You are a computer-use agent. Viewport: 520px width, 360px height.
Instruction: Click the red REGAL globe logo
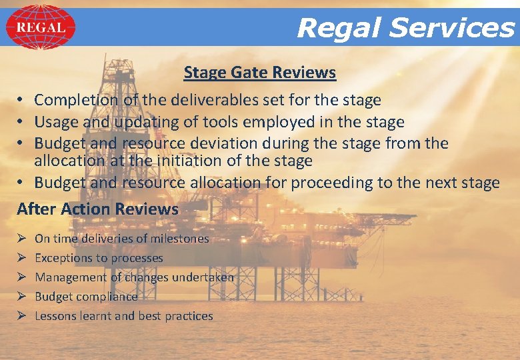tap(40, 27)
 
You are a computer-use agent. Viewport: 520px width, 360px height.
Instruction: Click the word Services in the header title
tap(452, 28)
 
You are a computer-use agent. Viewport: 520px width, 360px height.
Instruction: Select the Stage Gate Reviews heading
tap(260, 72)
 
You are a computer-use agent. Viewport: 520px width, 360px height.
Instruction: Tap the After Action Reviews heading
tap(98, 209)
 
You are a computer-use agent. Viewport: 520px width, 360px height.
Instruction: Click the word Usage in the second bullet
tap(55, 122)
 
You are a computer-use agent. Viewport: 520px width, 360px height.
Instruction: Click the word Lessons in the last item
tap(55, 316)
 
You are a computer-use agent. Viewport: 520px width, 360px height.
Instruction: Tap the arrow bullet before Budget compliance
tap(21, 297)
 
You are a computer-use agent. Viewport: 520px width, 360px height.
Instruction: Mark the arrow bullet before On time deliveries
tap(21, 239)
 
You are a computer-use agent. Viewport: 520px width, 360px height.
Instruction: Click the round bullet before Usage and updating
tap(21, 122)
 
